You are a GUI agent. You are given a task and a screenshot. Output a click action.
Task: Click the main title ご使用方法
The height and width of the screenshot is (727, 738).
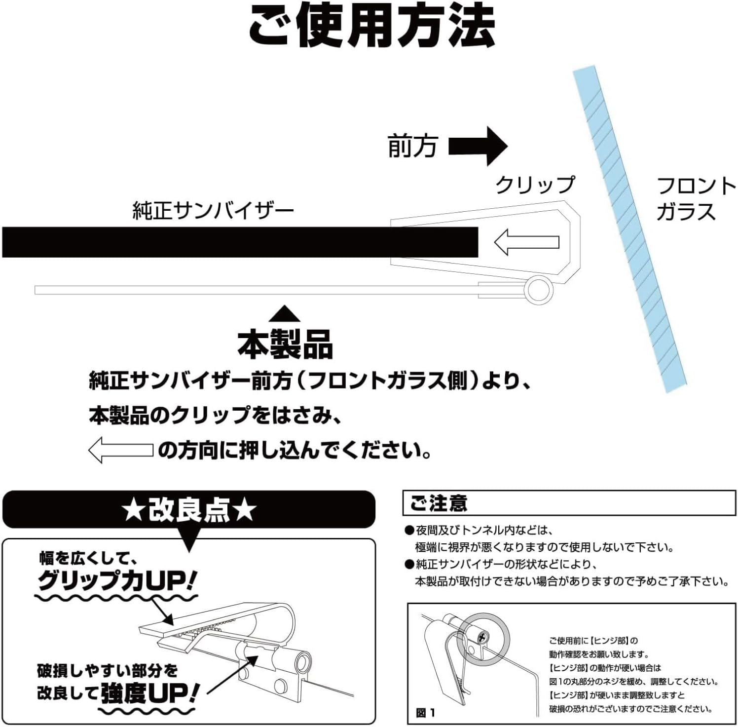(x=371, y=26)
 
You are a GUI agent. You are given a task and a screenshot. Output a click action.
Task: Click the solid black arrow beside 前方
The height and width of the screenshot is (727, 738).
(x=478, y=146)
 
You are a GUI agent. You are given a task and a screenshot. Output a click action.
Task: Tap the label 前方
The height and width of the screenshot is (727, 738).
(x=412, y=146)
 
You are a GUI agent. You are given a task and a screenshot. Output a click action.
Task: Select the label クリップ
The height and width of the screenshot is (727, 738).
(x=535, y=185)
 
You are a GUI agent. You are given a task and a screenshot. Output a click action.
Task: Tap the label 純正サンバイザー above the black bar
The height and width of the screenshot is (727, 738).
(x=213, y=211)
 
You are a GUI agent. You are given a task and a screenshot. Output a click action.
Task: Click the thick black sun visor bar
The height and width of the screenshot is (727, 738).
(x=240, y=242)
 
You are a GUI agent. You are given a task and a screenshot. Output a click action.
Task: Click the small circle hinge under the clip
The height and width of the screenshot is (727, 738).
(x=538, y=290)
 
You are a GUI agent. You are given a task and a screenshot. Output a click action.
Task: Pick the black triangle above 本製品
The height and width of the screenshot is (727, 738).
(x=285, y=314)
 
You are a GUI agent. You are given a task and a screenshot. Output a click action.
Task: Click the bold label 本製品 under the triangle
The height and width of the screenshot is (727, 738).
(x=285, y=344)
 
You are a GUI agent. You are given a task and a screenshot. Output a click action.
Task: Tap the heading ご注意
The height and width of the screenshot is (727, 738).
(x=439, y=503)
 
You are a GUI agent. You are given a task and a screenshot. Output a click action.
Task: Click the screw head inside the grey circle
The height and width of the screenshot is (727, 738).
(x=482, y=637)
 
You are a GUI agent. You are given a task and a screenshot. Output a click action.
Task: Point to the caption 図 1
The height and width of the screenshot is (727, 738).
(x=426, y=712)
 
